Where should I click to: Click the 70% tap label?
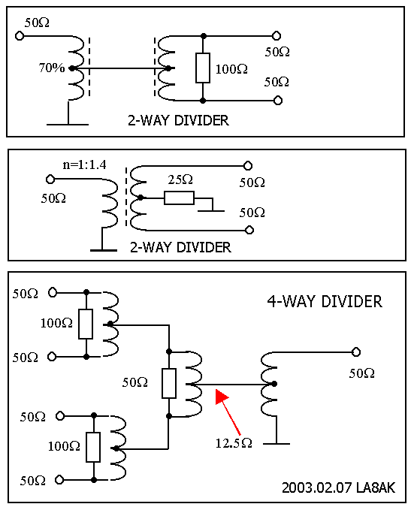[51, 68]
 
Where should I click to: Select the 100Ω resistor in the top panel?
[203, 68]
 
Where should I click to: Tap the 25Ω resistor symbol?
[179, 198]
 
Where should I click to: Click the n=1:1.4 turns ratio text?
[84, 165]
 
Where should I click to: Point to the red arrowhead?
[222, 397]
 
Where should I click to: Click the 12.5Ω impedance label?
[234, 443]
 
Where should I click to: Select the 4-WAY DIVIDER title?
[325, 301]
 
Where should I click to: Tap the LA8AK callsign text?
[376, 487]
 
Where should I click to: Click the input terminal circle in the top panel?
[20, 35]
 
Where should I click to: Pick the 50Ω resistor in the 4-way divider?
[169, 383]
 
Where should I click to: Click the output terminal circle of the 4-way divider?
[356, 352]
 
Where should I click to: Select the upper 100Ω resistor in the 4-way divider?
[86, 324]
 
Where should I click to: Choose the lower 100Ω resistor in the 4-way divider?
[93, 447]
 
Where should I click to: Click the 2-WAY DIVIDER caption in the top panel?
[178, 120]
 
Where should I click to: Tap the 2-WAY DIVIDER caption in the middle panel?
[180, 247]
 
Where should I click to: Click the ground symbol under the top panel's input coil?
[68, 124]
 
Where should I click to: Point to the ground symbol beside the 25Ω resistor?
[211, 211]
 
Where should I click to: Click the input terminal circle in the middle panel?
[50, 179]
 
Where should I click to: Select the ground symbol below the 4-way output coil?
[277, 444]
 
